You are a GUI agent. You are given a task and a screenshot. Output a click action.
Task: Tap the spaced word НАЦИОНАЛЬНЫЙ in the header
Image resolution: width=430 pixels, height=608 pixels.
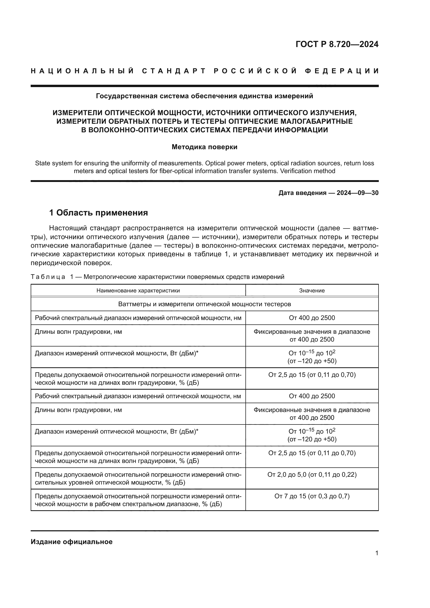point(82,71)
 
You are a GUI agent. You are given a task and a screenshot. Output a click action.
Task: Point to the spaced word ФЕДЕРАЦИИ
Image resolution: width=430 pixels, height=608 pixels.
point(342,71)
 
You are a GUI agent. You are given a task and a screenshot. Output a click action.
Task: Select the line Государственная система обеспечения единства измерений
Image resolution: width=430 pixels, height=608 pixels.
point(204,96)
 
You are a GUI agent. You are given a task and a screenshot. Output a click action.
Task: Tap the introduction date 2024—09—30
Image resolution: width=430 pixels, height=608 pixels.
point(357,193)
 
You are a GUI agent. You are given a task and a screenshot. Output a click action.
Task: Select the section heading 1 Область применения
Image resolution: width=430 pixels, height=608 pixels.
point(99,213)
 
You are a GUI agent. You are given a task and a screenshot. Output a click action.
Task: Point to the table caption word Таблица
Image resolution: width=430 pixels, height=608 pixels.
point(48,277)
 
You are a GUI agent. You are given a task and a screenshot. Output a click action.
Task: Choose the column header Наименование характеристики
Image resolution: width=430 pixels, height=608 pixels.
point(138,291)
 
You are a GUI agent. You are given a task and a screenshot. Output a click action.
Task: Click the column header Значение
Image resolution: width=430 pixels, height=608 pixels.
point(312,291)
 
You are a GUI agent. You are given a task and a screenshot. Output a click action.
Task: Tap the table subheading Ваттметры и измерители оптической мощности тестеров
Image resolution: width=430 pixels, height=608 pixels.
point(204,304)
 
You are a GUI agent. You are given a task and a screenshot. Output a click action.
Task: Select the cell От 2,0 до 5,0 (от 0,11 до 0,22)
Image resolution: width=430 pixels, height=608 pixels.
point(312,475)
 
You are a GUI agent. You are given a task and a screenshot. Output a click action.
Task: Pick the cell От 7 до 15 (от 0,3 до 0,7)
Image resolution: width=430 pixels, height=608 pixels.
point(312,496)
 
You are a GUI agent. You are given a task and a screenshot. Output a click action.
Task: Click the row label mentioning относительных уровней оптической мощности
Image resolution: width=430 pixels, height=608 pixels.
point(138,478)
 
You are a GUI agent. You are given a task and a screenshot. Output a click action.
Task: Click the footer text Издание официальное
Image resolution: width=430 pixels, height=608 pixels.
point(71,542)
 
